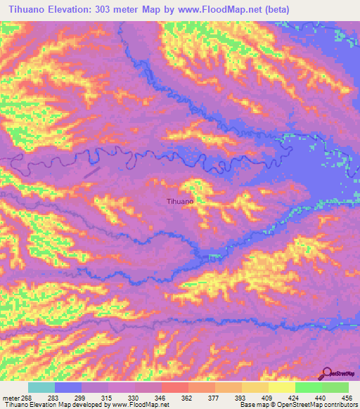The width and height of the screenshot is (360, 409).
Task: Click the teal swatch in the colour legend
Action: tap(41, 387)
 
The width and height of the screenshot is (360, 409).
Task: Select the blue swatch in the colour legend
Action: tap(68, 387)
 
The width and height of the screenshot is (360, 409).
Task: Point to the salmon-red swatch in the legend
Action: tap(174, 387)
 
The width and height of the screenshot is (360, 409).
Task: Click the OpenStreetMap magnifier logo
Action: tap(327, 374)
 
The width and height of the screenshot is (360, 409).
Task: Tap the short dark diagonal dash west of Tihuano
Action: tap(92, 171)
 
